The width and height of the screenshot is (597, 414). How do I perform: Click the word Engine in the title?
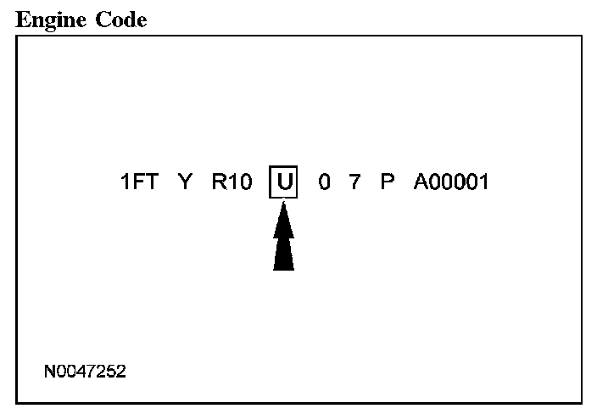click(49, 20)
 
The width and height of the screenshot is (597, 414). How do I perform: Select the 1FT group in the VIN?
click(139, 182)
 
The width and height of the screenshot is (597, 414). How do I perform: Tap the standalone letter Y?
click(185, 182)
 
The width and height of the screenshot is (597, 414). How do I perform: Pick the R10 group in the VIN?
click(232, 182)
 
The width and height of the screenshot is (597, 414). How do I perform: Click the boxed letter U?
click(283, 182)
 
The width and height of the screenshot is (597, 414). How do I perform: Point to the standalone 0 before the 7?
click(325, 182)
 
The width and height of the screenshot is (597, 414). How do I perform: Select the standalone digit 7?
click(355, 182)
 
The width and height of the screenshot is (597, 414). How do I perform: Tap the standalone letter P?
click(388, 182)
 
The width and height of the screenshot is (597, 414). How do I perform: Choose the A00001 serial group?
click(451, 182)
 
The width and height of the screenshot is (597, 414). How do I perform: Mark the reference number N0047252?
click(86, 372)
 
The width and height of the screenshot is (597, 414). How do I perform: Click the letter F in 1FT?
click(138, 182)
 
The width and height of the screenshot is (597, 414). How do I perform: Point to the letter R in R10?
click(218, 182)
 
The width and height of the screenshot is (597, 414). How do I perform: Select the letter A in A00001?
click(421, 182)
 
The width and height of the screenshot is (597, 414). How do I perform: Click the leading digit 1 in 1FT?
click(126, 182)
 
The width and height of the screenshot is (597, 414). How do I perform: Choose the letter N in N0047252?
click(51, 372)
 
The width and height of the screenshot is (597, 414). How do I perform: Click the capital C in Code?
click(99, 20)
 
